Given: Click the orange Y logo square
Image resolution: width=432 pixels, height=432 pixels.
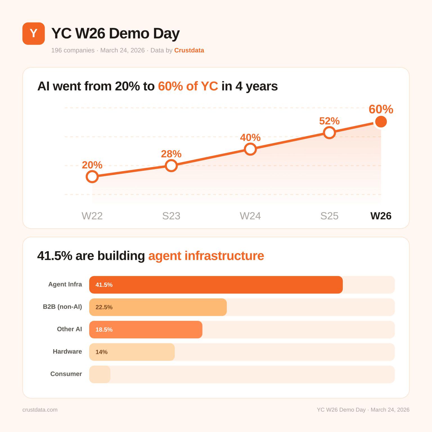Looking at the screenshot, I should [x=33, y=33].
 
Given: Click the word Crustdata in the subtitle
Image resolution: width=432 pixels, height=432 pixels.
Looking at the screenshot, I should [x=189, y=50].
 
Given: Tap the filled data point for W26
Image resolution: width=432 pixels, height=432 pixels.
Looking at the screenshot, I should [x=381, y=121].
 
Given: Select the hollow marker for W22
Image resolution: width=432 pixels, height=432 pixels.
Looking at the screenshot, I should [x=92, y=177].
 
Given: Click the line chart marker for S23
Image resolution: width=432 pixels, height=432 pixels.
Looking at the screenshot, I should [x=171, y=166].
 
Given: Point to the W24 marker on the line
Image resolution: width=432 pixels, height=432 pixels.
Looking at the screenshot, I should [x=250, y=149].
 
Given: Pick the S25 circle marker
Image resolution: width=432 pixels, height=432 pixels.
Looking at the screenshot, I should [x=329, y=132].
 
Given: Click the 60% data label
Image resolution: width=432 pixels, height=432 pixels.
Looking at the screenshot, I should [x=381, y=109].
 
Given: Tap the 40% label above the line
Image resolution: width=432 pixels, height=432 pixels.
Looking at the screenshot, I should [x=250, y=138].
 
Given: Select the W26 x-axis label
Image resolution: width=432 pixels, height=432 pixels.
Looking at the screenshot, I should [x=381, y=216].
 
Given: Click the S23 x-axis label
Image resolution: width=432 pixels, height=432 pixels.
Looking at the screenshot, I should [x=171, y=216].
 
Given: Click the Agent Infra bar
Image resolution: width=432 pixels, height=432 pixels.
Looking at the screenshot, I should [x=216, y=285].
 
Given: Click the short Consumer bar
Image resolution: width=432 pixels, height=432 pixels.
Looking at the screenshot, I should [x=100, y=374].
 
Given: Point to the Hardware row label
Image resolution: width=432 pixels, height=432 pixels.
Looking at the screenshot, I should [x=67, y=352].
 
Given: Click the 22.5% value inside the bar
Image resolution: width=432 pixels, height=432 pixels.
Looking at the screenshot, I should [x=104, y=307].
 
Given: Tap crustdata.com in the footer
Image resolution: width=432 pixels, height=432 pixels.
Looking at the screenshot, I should [x=40, y=410].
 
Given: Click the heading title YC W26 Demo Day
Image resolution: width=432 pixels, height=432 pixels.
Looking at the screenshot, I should [x=115, y=33].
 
